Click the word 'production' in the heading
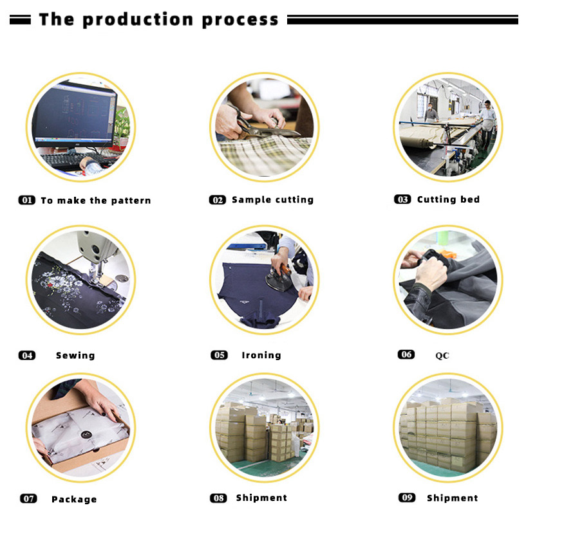point(138,20)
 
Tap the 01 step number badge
point(27,200)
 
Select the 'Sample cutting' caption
point(272,200)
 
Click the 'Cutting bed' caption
point(448,199)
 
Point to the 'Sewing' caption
point(75,356)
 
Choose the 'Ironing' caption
point(261,356)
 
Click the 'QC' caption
point(442,356)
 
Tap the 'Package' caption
point(74,499)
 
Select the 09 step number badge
point(407,498)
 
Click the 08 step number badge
point(218,498)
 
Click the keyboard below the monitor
point(72,161)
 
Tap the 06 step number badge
point(406,355)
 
